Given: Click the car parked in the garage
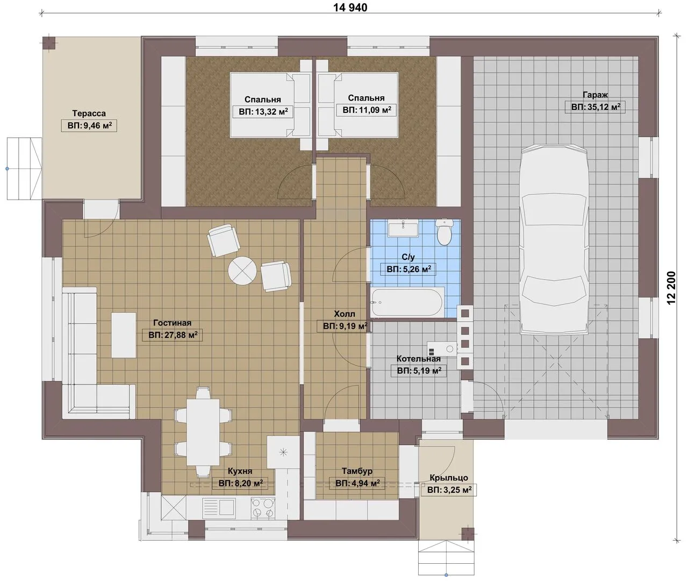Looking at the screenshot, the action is (x=555, y=239).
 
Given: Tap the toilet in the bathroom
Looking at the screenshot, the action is (x=444, y=232).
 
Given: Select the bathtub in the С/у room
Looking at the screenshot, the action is (x=407, y=302).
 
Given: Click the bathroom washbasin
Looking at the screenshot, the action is (x=403, y=228).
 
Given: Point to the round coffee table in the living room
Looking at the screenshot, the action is (x=242, y=271).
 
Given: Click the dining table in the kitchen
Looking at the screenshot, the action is (x=204, y=432).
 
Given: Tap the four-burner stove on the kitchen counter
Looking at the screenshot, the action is (x=263, y=508).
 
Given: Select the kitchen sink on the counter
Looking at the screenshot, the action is (x=218, y=508).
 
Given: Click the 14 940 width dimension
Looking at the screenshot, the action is (x=350, y=8).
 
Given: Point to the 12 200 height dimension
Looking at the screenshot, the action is (x=671, y=288).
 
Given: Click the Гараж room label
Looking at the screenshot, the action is (x=596, y=95).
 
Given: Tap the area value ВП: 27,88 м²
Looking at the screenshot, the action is (x=173, y=335).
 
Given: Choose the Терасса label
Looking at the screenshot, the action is (x=89, y=114).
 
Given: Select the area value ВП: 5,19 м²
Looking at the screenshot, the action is (x=419, y=371).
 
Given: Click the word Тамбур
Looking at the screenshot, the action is (x=357, y=471).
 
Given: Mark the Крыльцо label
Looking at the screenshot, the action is (x=449, y=478).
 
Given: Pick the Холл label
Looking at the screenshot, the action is (x=345, y=314).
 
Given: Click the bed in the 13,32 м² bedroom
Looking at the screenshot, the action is (x=270, y=105).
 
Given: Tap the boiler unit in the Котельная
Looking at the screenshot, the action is (x=442, y=349).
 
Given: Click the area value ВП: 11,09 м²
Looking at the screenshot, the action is (x=367, y=110).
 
